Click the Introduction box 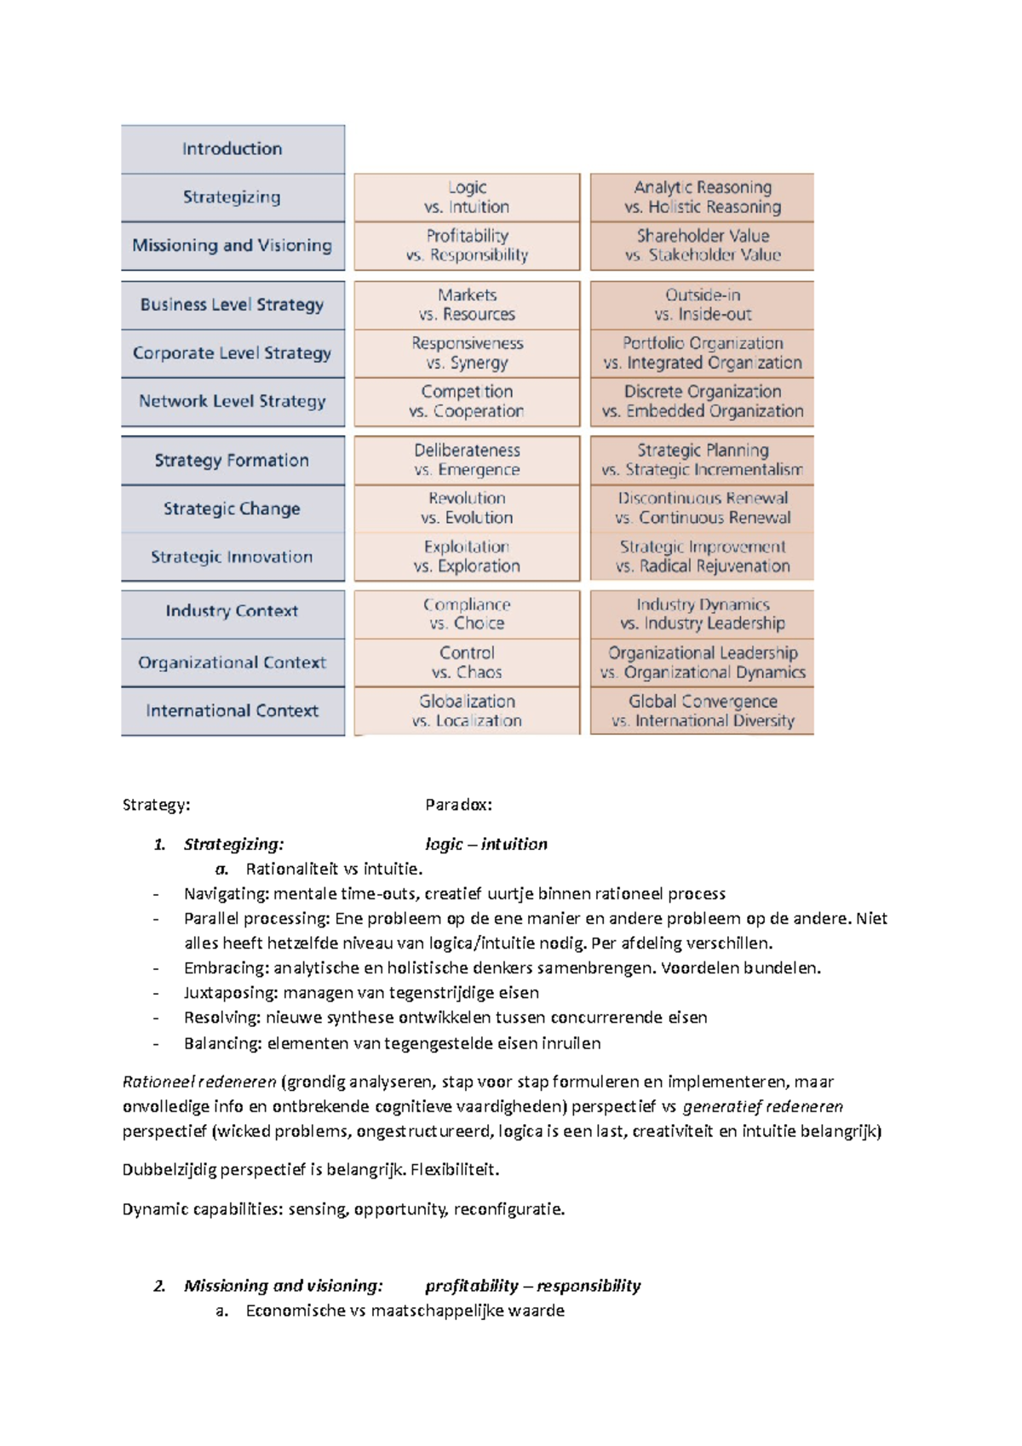coord(232,149)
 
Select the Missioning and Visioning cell coord(232,245)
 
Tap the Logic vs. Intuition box coord(467,197)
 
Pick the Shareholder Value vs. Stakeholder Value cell coord(702,245)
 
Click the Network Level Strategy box coord(232,401)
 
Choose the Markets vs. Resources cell coord(467,304)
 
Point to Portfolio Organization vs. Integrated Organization coord(702,353)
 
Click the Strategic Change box coord(232,508)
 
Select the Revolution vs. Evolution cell coord(467,508)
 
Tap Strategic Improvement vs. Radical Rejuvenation coord(702,556)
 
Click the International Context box coord(232,710)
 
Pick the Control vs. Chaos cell coord(467,662)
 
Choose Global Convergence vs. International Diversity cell coord(702,710)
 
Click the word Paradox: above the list coord(458,805)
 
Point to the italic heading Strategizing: coord(233,844)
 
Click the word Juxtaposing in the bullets coord(230,993)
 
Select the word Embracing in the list coord(224,968)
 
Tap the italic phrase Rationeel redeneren coord(199,1082)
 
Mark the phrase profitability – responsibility coord(532,1286)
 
